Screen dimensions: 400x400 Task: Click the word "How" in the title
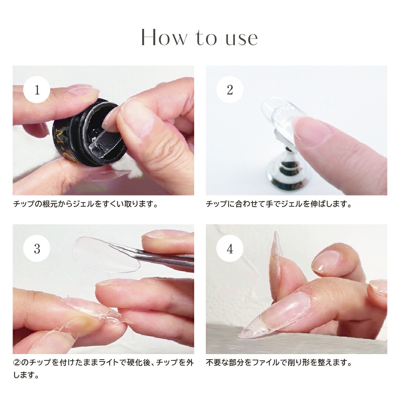[164, 37]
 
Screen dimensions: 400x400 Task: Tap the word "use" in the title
[241, 39]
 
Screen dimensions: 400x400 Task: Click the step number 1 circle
[37, 90]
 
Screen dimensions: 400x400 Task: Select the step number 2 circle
[230, 90]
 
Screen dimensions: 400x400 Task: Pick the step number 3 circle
[37, 248]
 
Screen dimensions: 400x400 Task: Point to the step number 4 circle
[230, 248]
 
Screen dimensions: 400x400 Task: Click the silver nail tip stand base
[288, 173]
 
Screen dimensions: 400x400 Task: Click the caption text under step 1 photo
[85, 204]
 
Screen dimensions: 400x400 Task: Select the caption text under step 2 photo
[279, 204]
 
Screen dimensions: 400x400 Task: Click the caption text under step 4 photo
[279, 363]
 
